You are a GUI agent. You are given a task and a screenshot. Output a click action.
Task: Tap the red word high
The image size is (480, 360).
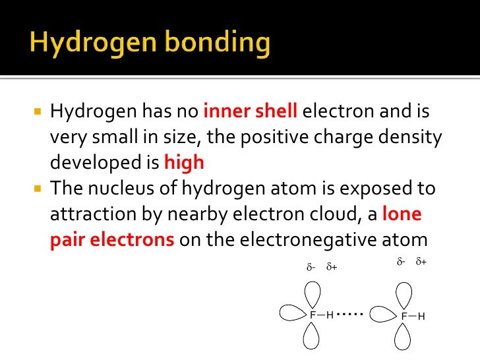pyautogui.click(x=184, y=163)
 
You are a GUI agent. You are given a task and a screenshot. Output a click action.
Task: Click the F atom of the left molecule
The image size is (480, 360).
pyautogui.click(x=313, y=315)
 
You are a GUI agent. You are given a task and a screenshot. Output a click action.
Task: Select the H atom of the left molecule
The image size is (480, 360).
pyautogui.click(x=330, y=315)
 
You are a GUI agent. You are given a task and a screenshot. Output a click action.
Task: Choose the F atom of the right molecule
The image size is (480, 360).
pyautogui.click(x=404, y=316)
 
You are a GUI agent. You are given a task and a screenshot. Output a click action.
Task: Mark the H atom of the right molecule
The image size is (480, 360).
pyautogui.click(x=421, y=316)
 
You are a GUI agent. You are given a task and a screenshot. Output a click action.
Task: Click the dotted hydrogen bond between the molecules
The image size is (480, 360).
pyautogui.click(x=351, y=315)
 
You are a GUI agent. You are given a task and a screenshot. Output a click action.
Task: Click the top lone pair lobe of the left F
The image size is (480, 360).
pyautogui.click(x=313, y=293)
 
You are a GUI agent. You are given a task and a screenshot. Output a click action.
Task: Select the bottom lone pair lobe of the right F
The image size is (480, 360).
pyautogui.click(x=404, y=337)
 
